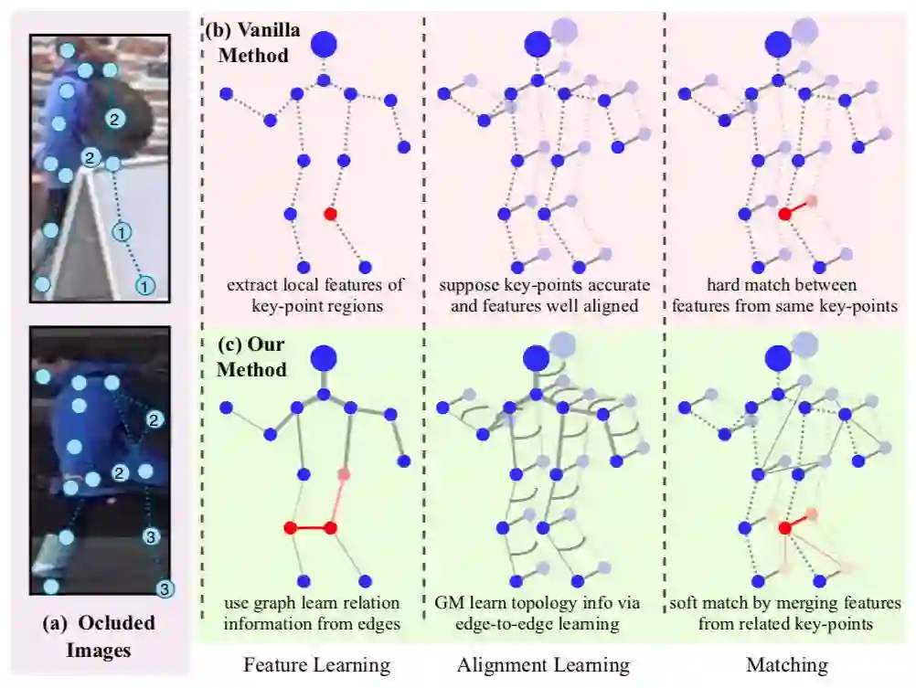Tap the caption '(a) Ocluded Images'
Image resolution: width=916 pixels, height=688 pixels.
(x=100, y=637)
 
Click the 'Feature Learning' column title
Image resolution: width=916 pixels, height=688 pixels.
(x=316, y=664)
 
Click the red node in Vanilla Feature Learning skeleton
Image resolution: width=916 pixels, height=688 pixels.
(x=331, y=214)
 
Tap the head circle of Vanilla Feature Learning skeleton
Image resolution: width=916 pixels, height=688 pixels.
(x=324, y=43)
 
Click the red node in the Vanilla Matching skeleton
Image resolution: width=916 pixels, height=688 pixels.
(x=784, y=214)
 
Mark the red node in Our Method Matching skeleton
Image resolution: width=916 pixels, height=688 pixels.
(x=784, y=528)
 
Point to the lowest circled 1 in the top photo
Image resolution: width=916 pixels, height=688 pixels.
(x=144, y=286)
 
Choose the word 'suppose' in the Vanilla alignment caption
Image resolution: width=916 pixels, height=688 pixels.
(x=468, y=285)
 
